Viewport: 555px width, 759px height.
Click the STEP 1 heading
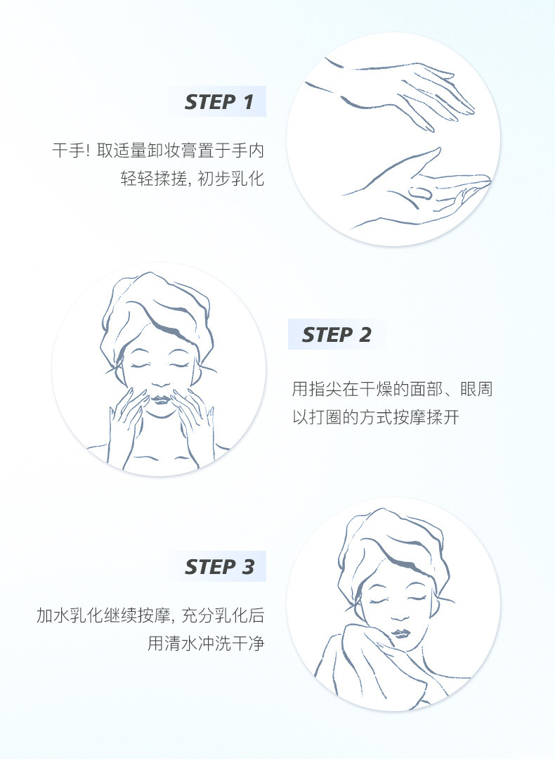coord(219,102)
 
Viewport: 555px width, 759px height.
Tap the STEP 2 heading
coord(337,335)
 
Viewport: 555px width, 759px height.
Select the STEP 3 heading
coord(219,566)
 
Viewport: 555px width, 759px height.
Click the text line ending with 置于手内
coord(158,151)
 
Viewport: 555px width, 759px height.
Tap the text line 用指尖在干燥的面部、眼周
coord(392,389)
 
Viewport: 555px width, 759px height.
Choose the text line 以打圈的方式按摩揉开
coord(376,417)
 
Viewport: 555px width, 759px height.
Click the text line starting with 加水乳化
coord(150,616)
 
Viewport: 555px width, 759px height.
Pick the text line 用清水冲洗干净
coord(206,644)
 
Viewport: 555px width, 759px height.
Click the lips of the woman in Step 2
coord(161,399)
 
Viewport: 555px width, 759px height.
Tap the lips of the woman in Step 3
coord(399,633)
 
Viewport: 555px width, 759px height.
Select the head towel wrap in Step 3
coord(394,551)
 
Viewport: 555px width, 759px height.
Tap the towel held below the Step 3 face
coord(382,668)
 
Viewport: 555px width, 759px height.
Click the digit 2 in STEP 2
coord(365,335)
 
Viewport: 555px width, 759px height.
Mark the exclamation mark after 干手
coord(88,151)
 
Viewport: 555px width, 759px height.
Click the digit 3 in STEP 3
coord(247,566)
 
